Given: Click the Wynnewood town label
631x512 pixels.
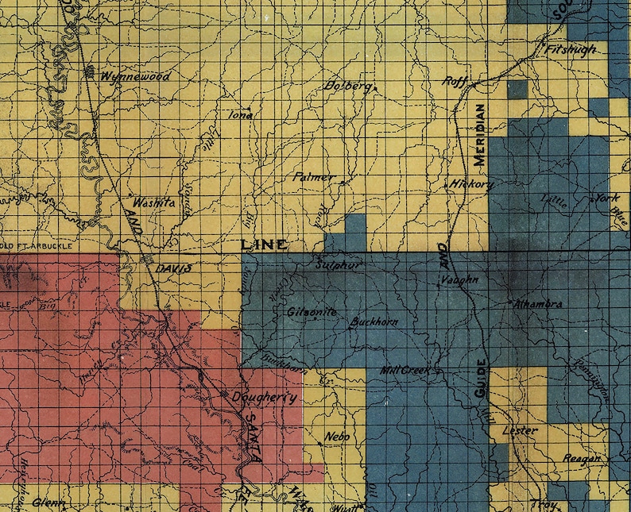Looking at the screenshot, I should [x=136, y=77].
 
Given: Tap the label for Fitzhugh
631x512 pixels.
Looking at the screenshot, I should [x=572, y=49].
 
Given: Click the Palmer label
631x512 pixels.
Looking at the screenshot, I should [x=314, y=177].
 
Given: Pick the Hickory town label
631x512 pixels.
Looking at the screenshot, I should [x=472, y=184].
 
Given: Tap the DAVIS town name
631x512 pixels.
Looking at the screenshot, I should [x=173, y=269].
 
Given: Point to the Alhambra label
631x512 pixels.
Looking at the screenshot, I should [x=539, y=303].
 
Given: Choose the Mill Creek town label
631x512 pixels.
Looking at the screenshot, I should [x=405, y=371].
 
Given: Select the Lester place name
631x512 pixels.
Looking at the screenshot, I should [x=521, y=430].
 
